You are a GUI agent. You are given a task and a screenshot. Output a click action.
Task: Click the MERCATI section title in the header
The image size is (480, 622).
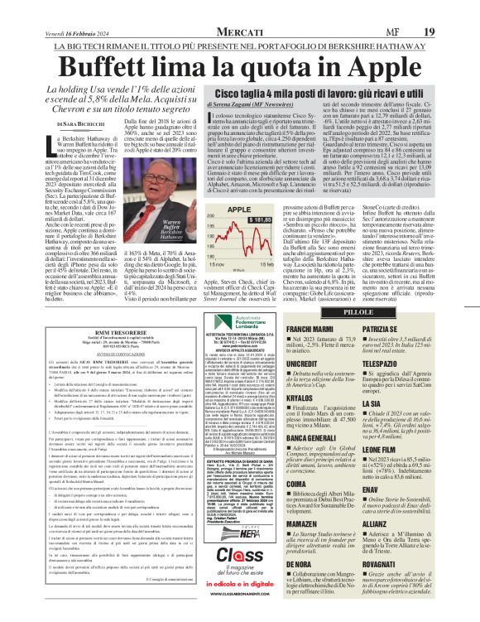(240, 9)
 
